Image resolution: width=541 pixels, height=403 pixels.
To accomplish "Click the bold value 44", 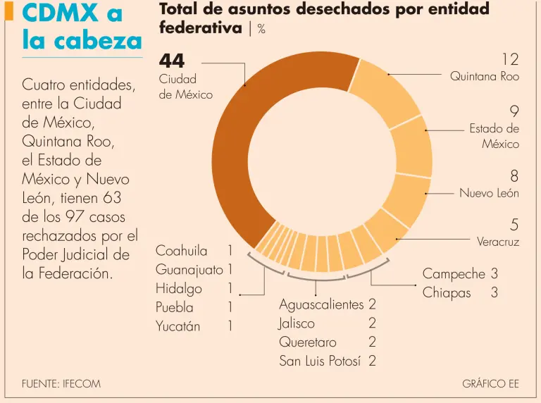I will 172,61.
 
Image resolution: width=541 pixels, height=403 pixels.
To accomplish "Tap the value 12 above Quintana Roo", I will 510,58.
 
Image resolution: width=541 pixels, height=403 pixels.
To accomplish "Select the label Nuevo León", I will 489,193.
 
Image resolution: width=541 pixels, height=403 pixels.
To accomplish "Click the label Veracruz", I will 497,242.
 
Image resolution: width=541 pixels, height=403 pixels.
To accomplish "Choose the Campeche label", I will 454,273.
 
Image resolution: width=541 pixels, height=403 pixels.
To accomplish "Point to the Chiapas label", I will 447,292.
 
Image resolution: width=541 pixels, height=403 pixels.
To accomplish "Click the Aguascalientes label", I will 321,304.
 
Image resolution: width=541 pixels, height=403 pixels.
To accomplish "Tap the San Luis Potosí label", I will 320,361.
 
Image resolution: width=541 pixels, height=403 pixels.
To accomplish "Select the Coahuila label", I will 182,251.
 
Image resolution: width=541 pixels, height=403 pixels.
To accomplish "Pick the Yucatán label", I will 178,326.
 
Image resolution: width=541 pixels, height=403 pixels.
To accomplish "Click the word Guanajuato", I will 189,270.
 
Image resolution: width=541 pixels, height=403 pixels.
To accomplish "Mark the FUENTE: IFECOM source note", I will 61,384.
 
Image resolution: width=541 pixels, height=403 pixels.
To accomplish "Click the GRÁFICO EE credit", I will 490,384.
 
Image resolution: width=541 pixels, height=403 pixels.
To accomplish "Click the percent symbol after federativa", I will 261,30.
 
